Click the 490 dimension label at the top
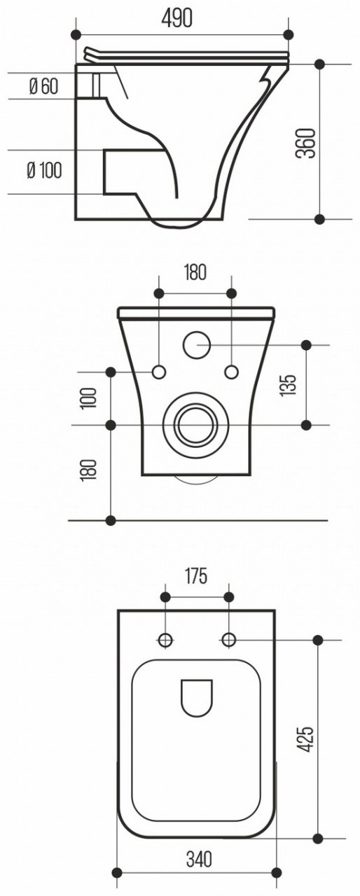(176, 18)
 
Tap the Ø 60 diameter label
(43, 86)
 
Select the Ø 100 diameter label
(44, 171)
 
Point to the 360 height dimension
(307, 143)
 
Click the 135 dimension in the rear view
(288, 385)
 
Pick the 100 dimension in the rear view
(88, 398)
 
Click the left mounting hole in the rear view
(159, 372)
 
